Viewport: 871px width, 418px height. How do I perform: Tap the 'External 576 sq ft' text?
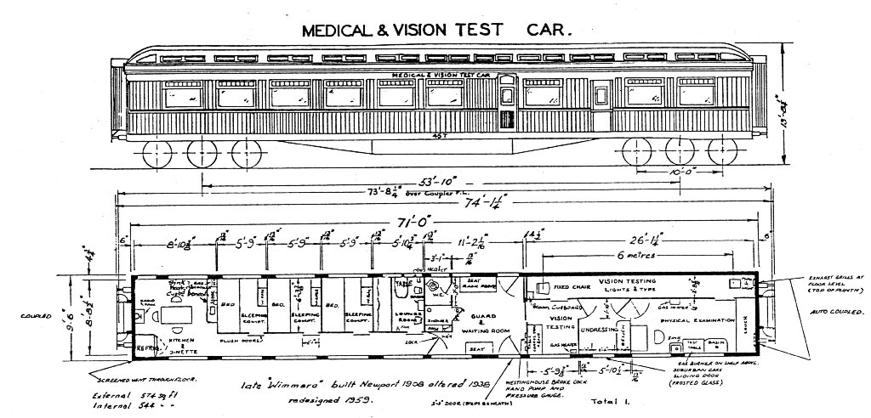pyautogui.click(x=114, y=397)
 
